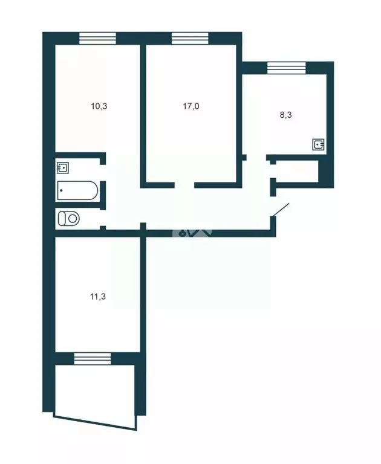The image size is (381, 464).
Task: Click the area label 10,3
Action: tap(99, 106)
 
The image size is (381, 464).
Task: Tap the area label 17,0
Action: tap(191, 106)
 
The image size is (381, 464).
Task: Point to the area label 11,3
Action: tap(99, 297)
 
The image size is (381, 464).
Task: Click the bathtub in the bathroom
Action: tap(77, 191)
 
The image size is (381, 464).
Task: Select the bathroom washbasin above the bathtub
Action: tap(62, 167)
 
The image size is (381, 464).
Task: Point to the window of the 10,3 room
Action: tap(97, 37)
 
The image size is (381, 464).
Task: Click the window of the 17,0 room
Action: tap(190, 37)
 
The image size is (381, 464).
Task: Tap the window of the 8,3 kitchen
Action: tap(286, 67)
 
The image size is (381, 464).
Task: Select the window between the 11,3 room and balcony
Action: tap(93, 358)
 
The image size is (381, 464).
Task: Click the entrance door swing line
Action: tap(281, 210)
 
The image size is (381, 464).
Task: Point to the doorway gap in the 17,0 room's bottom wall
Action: tap(183, 184)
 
